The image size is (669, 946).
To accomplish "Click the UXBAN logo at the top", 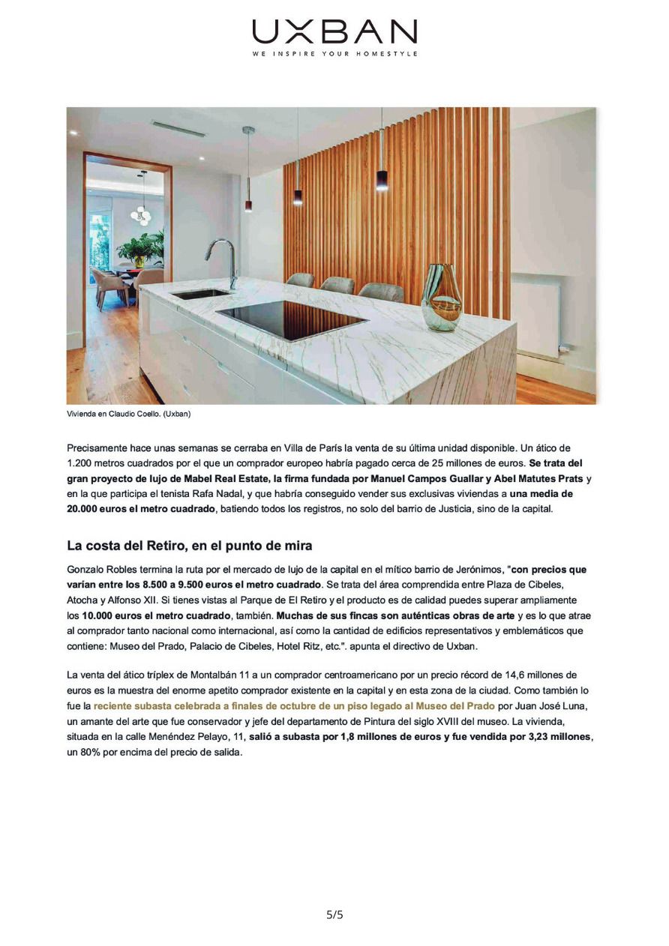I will tap(334, 31).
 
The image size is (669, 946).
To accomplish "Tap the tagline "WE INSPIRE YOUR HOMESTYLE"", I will tap(334, 54).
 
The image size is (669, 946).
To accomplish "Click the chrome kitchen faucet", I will tap(223, 261).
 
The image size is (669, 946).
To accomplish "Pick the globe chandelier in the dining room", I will tap(140, 214).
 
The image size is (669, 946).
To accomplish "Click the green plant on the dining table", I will tap(141, 247).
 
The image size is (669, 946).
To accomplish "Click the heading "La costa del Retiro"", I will tap(189, 546).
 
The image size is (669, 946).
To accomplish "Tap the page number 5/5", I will tap(334, 915).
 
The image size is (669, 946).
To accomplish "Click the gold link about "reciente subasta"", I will tap(294, 706).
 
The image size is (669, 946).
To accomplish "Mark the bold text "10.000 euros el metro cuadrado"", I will tap(156, 615).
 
